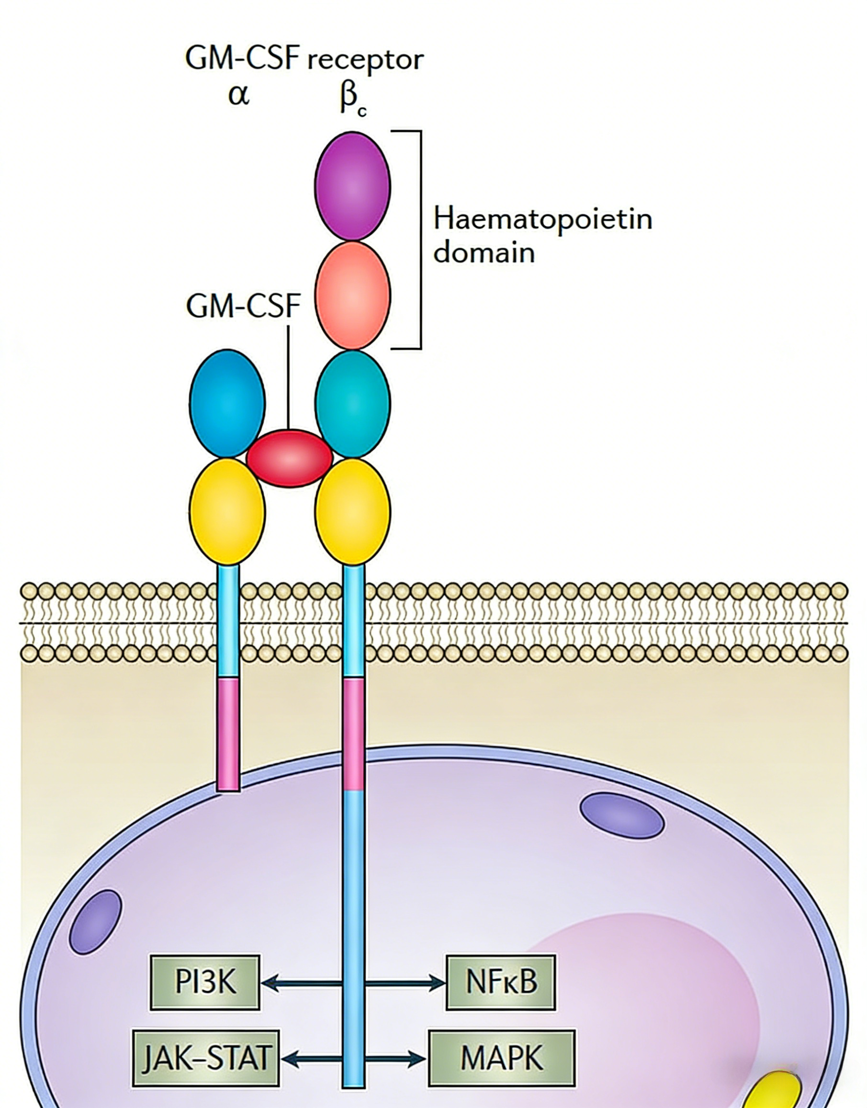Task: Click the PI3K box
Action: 205,982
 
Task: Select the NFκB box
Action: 500,982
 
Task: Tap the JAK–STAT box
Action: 205,1058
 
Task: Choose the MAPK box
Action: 502,1058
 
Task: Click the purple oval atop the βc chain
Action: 352,186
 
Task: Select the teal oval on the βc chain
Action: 352,404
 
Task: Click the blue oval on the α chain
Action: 227,403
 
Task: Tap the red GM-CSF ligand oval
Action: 289,458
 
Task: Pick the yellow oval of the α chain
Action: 227,511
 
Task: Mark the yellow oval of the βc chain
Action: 352,511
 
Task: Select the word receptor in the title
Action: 365,60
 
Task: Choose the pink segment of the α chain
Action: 228,734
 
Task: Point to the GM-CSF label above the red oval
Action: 244,306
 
